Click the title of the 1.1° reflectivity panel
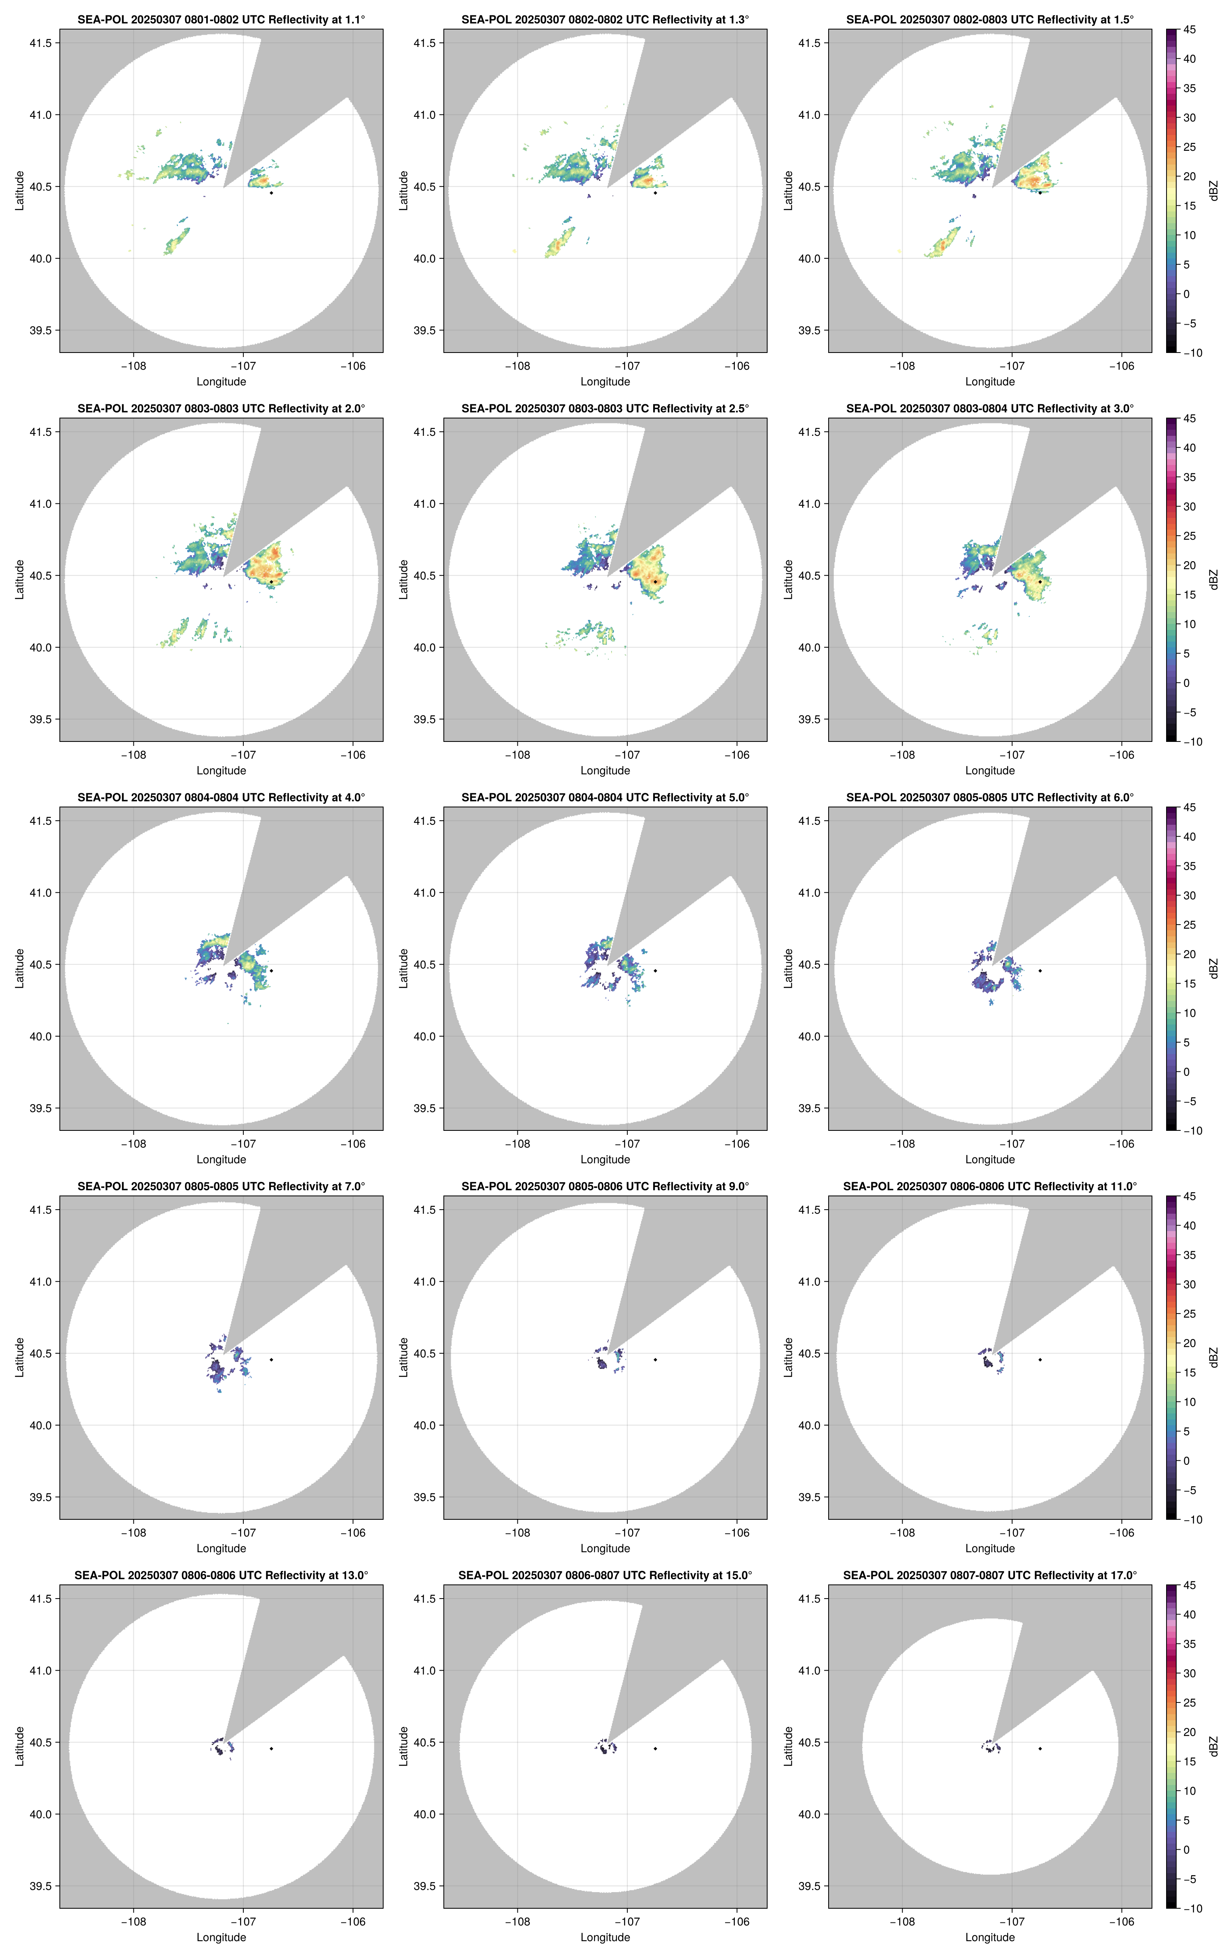coord(221,19)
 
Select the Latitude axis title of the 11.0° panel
coord(788,1357)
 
